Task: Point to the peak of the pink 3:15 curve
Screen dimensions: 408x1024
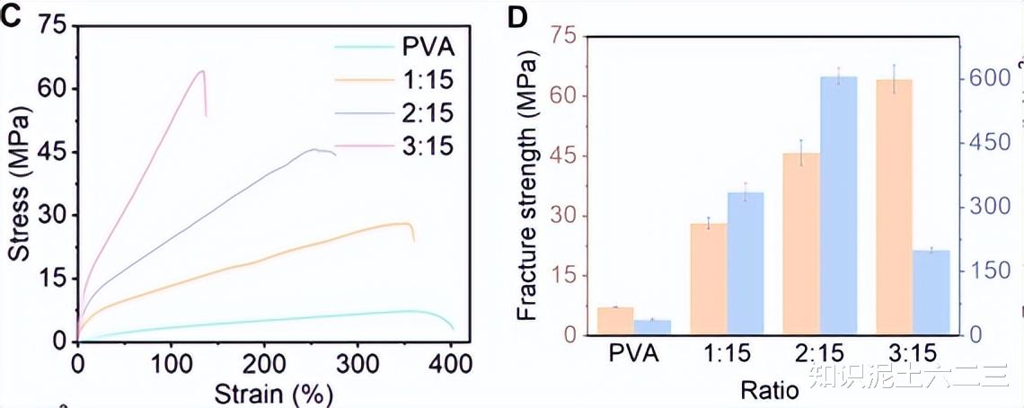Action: tap(201, 71)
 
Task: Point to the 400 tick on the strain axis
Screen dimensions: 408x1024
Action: tap(451, 364)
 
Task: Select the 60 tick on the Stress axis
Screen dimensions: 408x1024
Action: tap(55, 89)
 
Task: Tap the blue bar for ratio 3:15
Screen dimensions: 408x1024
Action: tap(931, 293)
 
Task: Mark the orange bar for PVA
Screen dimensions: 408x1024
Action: tap(615, 321)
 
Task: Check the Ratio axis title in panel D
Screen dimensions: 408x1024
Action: tap(769, 391)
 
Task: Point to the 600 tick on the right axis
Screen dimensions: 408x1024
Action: tap(988, 79)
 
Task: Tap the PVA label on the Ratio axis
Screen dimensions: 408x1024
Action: tap(633, 353)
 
